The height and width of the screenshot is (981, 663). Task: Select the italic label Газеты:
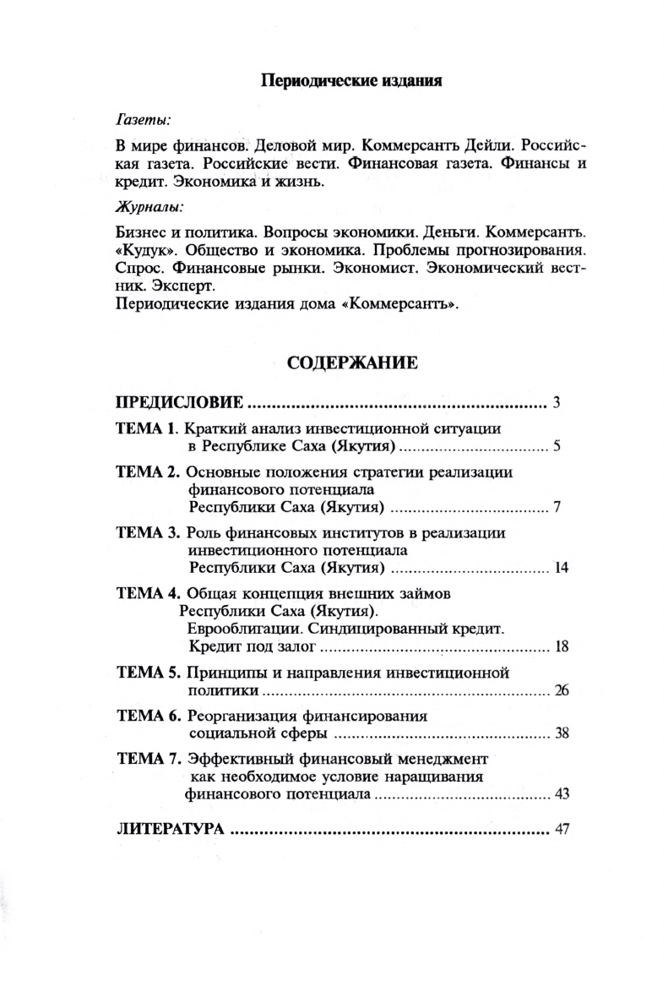tap(141, 119)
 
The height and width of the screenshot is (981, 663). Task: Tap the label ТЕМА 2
tap(147, 471)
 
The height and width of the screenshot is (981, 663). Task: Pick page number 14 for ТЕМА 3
tap(562, 566)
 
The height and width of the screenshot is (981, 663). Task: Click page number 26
tap(562, 690)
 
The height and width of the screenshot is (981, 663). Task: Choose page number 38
tap(562, 733)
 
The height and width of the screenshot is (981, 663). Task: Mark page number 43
tap(562, 794)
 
